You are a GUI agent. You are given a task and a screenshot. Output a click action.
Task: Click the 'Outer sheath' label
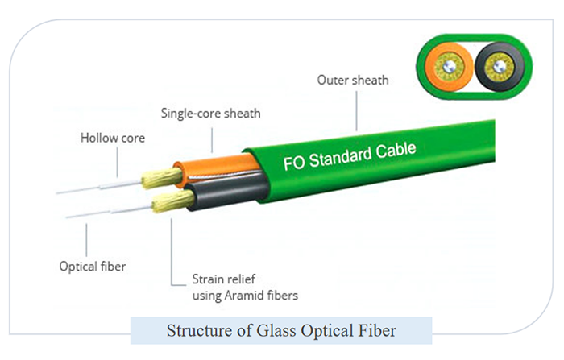click(352, 80)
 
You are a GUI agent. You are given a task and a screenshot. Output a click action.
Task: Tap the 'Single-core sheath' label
click(210, 114)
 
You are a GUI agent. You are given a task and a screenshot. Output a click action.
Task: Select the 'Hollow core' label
click(112, 138)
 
